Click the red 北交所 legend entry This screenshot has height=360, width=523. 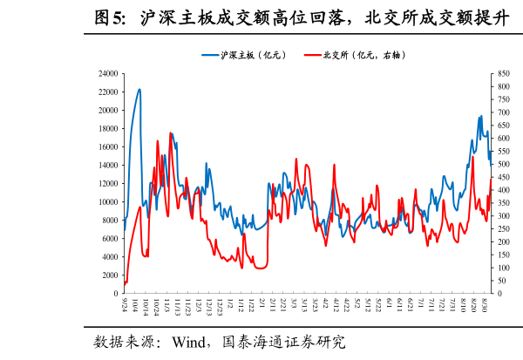356,54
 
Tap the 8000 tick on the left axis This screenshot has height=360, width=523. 111,221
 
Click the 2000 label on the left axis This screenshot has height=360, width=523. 111,275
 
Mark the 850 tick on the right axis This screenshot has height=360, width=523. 505,74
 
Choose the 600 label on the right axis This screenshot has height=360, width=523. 505,139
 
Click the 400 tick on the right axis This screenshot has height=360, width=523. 505,190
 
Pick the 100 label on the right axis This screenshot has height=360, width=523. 505,268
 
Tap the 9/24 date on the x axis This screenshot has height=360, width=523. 126,305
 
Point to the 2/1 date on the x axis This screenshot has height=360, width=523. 262,303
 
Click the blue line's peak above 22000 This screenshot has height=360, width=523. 139,89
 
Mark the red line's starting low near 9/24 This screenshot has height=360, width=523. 125,283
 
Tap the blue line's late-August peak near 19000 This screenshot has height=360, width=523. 480,116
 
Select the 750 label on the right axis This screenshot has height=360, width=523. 505,100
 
